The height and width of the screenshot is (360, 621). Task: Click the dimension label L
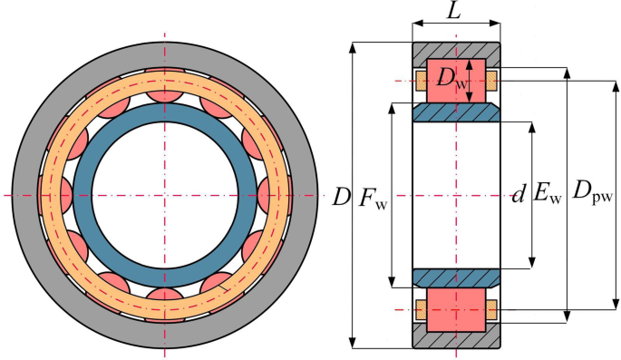[x=456, y=13]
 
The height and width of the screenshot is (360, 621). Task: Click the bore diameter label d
[x=518, y=194]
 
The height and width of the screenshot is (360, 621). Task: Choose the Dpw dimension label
[x=593, y=195]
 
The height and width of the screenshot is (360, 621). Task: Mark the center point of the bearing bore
[x=165, y=196]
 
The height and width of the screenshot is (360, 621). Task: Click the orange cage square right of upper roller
[x=490, y=82]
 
